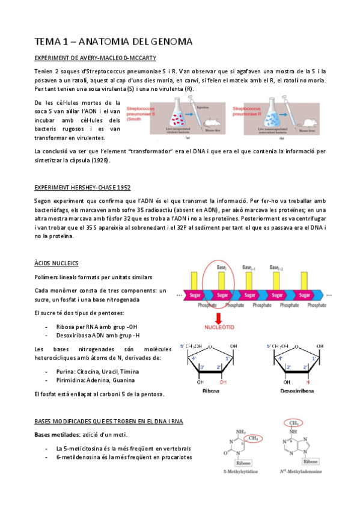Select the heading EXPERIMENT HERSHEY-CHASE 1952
pyautogui.click(x=82, y=188)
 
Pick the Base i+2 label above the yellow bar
pyautogui.click(x=277, y=267)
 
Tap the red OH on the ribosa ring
pyautogui.click(x=223, y=381)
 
